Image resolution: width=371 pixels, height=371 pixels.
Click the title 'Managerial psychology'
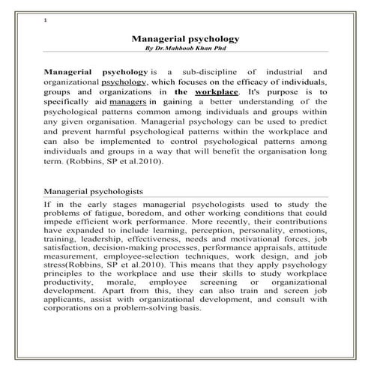pos(185,37)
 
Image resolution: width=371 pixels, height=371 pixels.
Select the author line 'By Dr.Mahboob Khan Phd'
pos(185,47)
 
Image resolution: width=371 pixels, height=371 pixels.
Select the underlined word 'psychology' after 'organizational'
pos(124,80)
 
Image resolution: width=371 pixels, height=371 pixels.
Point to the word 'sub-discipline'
pos(214,70)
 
